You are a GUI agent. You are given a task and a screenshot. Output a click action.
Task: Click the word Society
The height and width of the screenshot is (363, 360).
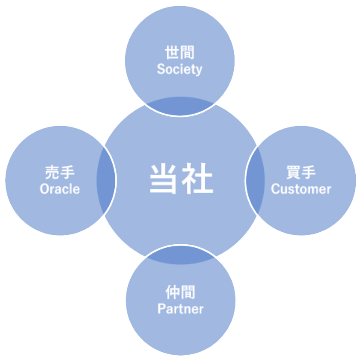coord(180,69)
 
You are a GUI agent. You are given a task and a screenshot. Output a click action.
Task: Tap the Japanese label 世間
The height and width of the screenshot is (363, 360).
coord(180,53)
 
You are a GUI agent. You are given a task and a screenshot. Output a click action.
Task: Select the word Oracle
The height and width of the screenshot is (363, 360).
coord(60,189)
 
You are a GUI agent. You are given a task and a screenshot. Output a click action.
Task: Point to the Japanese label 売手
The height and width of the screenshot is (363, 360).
coord(60,173)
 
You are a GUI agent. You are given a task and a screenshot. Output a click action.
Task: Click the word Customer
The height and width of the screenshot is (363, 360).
coord(301,189)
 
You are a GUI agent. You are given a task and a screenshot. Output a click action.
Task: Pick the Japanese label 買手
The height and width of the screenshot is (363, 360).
coord(301,173)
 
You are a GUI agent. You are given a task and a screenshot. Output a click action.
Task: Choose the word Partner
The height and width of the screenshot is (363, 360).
coord(180,309)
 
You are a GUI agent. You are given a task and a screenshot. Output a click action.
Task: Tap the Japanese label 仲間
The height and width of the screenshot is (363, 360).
coord(180,292)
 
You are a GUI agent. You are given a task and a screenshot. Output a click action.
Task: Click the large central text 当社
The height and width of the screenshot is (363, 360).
coord(181,180)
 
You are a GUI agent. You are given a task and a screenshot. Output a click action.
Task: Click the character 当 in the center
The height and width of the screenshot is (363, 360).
coord(164,180)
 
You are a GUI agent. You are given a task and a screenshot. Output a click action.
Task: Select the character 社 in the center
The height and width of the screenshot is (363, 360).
coord(198,180)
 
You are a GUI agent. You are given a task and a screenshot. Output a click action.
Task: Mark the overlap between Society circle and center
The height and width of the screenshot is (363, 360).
coord(180,107)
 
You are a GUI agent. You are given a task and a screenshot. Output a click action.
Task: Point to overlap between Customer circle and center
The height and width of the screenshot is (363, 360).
coord(253,180)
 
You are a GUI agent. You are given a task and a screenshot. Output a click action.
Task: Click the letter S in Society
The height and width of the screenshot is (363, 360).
coord(161,69)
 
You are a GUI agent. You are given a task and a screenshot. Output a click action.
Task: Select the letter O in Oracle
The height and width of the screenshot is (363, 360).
coord(44,189)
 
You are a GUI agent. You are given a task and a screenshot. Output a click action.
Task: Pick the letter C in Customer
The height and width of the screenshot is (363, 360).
coord(275,189)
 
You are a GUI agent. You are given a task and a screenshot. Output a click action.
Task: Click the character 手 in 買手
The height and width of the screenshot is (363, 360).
coord(308,173)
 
